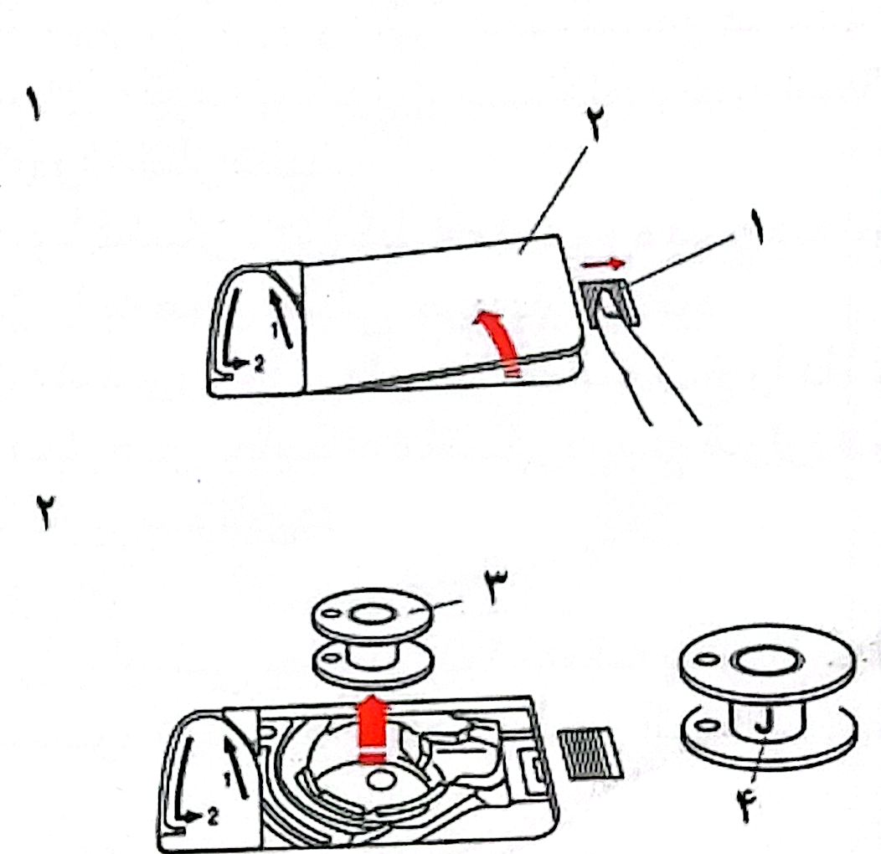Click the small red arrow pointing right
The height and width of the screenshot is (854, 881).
pos(602,264)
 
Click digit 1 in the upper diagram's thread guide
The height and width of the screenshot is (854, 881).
pos(275,331)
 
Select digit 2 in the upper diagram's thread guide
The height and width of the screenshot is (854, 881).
pos(258,363)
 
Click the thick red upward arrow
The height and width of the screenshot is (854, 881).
pos(373,728)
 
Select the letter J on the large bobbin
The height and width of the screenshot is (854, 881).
pos(764,721)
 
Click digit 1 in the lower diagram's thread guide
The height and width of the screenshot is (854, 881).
pos(227,779)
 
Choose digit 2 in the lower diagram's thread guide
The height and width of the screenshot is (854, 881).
pos(212,817)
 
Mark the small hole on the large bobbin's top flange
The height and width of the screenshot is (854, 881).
pos(708,658)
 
